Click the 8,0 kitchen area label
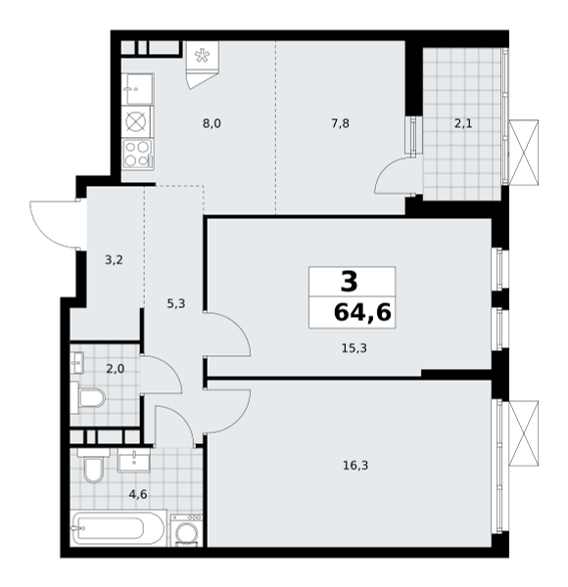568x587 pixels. point(212,123)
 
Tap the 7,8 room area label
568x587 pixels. point(340,123)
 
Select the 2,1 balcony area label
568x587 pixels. point(463,123)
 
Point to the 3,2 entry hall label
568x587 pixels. point(114,260)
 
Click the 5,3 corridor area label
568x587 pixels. point(176,303)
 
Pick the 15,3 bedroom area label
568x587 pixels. point(355,348)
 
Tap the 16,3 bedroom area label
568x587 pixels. point(355,466)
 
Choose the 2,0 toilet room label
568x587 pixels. point(116,370)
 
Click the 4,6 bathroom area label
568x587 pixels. point(138,495)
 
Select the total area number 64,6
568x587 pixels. point(362,313)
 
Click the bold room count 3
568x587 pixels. point(350,282)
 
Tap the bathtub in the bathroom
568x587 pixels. point(118,528)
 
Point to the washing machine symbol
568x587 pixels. point(187,530)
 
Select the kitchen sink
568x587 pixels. point(138,89)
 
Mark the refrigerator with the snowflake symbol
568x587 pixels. point(203,56)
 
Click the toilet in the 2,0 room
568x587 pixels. point(90,397)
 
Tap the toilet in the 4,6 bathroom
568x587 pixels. point(93,466)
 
